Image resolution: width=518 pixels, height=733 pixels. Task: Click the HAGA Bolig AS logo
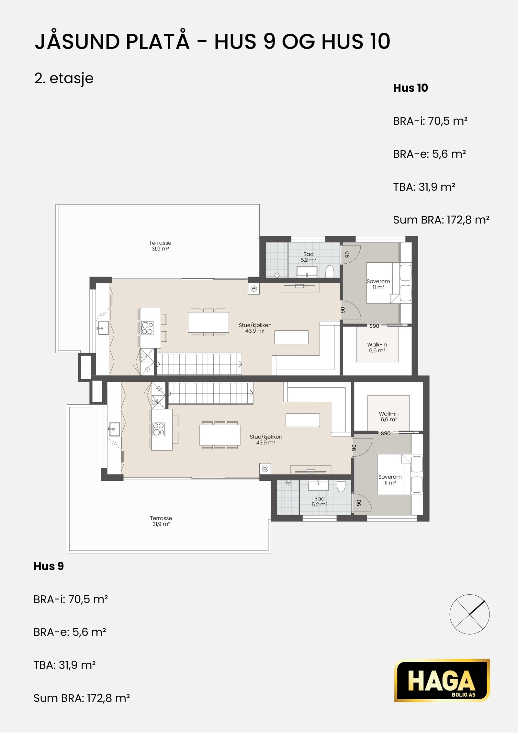tap(442, 680)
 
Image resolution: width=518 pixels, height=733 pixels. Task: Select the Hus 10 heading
tap(411, 88)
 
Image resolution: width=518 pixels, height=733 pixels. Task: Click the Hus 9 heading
tap(49, 566)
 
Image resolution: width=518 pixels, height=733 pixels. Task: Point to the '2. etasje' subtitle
tap(64, 79)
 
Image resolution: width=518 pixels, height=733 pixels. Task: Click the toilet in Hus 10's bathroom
tap(330, 271)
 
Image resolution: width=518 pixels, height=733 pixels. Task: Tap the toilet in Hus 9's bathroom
tap(341, 486)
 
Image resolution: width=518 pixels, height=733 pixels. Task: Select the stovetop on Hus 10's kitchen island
tap(147, 328)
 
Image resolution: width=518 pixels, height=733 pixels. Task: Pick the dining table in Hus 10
tap(208, 322)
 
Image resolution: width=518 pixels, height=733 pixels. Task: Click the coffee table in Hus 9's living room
tap(303, 420)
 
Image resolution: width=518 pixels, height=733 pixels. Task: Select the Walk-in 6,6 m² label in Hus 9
tap(388, 417)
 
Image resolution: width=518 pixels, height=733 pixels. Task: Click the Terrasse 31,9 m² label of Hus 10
tap(160, 246)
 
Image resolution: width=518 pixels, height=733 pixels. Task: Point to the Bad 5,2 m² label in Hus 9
tap(320, 501)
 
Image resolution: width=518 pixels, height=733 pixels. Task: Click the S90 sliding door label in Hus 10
tap(374, 326)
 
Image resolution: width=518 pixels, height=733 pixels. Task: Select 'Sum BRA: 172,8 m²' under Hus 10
tap(441, 220)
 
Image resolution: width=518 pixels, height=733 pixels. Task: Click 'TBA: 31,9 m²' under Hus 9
tap(64, 665)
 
